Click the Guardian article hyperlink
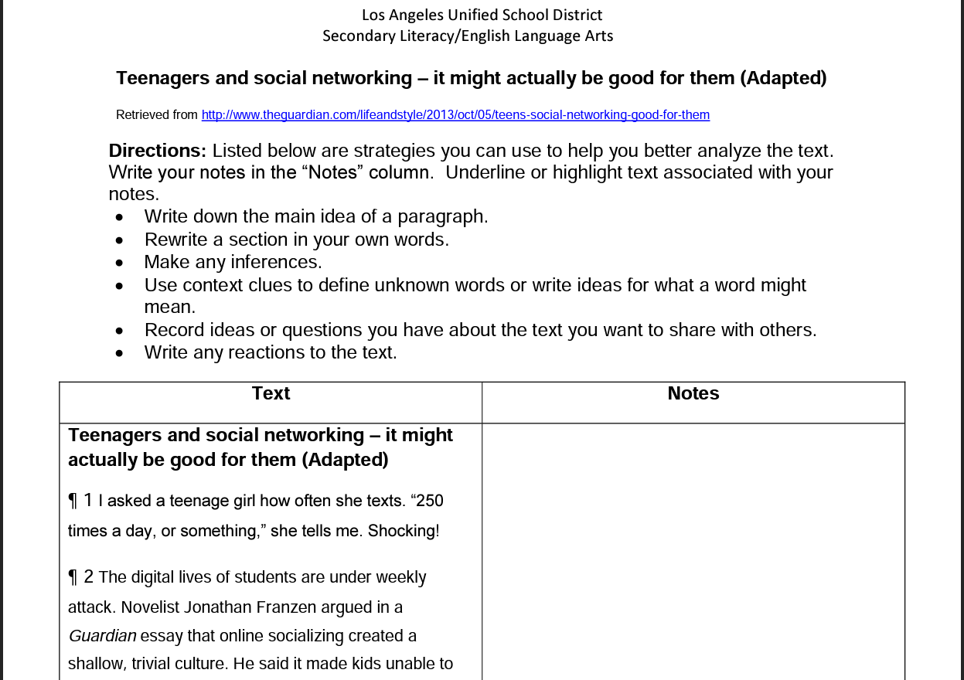[x=455, y=115]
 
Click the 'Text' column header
[x=271, y=393]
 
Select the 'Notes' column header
[x=693, y=393]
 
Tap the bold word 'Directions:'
[x=157, y=151]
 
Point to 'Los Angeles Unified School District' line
[x=482, y=15]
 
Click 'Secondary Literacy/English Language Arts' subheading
[x=468, y=36]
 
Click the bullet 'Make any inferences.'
[x=233, y=262]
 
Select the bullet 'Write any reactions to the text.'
[x=271, y=352]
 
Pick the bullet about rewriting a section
[x=296, y=240]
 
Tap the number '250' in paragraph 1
[x=430, y=501]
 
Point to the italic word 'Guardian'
[x=102, y=636]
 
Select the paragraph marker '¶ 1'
[x=80, y=501]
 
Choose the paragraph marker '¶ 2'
[x=80, y=577]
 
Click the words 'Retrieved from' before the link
[x=157, y=115]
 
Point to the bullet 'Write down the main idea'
[x=315, y=216]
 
